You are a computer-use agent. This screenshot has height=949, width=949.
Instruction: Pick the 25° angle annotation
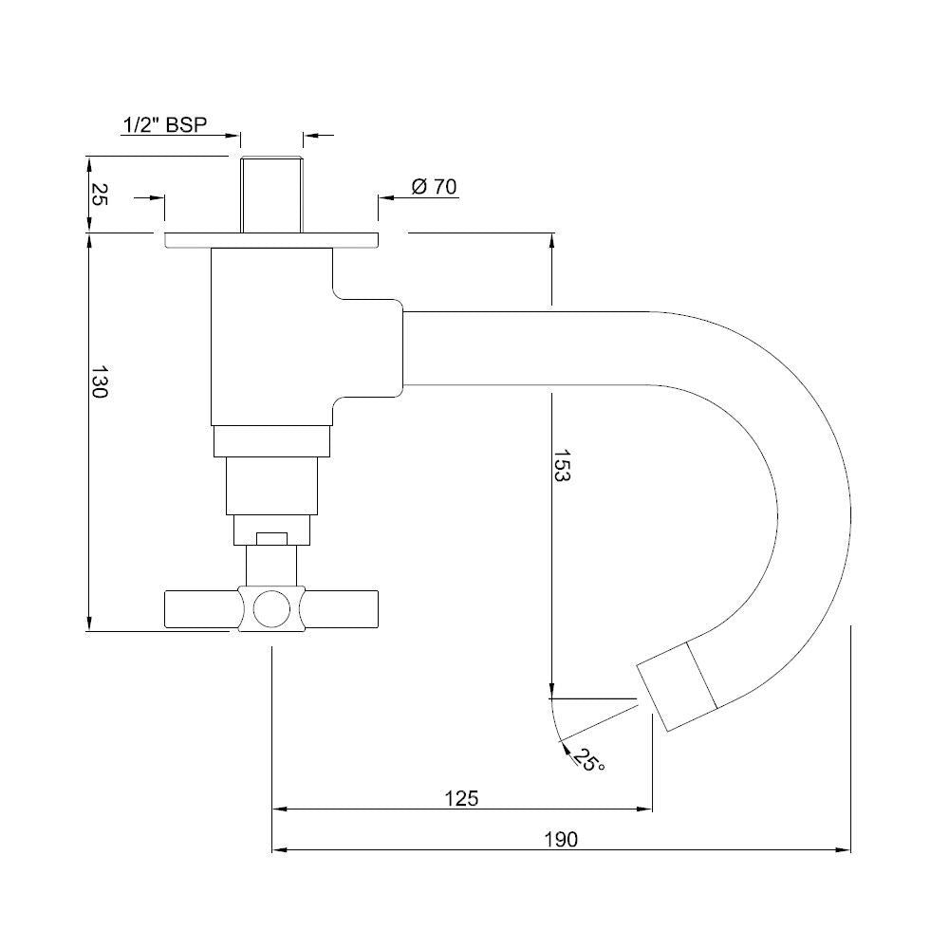[589, 759]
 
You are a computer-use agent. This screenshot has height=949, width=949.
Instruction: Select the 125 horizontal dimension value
[461, 797]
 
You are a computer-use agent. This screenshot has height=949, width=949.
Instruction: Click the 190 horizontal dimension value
[561, 839]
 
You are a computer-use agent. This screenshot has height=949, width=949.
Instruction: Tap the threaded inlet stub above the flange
[270, 195]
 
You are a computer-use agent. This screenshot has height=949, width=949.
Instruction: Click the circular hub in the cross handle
[270, 608]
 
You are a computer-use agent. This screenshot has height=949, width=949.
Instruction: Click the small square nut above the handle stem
[270, 538]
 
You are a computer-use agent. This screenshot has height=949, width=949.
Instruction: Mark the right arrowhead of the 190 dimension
[844, 850]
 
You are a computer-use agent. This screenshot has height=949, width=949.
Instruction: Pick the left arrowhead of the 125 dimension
[280, 809]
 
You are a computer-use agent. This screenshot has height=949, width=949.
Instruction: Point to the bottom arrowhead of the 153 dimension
[551, 691]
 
